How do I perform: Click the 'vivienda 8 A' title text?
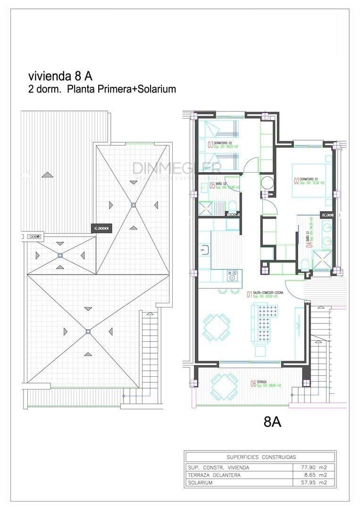point(60,76)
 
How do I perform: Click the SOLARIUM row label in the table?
point(200,483)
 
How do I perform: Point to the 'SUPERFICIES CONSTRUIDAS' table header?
point(261,457)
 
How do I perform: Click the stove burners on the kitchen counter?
point(232,273)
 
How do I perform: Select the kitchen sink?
point(204,249)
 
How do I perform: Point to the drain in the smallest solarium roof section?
point(60,255)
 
